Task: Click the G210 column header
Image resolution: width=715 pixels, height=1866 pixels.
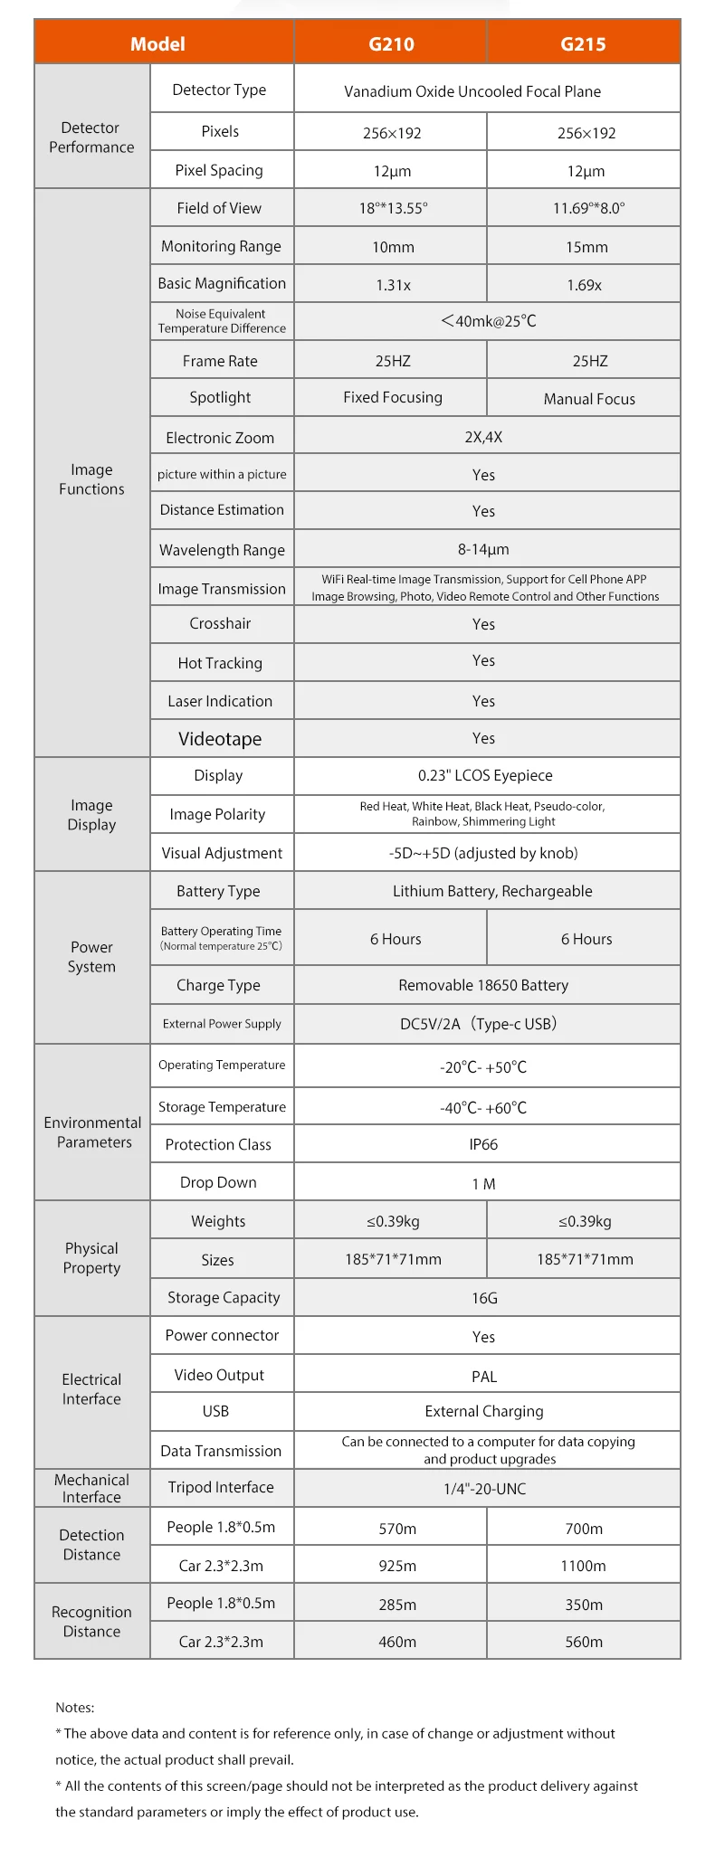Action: pyautogui.click(x=391, y=43)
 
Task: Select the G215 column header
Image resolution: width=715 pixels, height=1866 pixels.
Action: pyautogui.click(x=583, y=43)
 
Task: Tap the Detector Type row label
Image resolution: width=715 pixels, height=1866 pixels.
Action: pyautogui.click(x=220, y=90)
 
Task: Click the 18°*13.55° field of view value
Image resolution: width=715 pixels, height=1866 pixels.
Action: pyautogui.click(x=393, y=208)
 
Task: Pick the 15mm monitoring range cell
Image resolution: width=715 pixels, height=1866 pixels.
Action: pyautogui.click(x=586, y=247)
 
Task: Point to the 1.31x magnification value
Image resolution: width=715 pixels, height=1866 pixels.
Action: pyautogui.click(x=393, y=285)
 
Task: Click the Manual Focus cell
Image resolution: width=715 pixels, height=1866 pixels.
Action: pyautogui.click(x=589, y=399)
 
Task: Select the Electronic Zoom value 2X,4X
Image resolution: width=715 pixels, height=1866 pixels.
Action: pyautogui.click(x=483, y=437)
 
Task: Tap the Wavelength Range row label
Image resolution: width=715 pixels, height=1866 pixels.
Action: pyautogui.click(x=222, y=550)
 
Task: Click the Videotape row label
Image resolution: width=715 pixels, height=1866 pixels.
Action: pyautogui.click(x=220, y=739)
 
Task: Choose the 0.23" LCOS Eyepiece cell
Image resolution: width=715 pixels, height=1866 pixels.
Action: pyautogui.click(x=485, y=775)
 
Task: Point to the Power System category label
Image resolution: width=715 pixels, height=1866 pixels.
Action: pyautogui.click(x=91, y=957)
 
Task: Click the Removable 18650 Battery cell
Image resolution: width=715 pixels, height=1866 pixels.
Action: pyautogui.click(x=483, y=985)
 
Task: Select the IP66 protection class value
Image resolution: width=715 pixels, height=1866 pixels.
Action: pyautogui.click(x=483, y=1144)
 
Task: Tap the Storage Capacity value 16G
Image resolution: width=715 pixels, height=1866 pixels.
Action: pyautogui.click(x=484, y=1298)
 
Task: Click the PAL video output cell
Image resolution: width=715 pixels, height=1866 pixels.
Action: pyautogui.click(x=484, y=1377)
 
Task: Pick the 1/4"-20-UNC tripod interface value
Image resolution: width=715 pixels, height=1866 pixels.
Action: pyautogui.click(x=484, y=1489)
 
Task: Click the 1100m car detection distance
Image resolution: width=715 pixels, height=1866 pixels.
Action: pyautogui.click(x=583, y=1566)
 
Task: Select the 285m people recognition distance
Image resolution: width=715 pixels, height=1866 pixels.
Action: pyautogui.click(x=397, y=1605)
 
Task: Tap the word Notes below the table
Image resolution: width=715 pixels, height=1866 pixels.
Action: pyautogui.click(x=74, y=1708)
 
